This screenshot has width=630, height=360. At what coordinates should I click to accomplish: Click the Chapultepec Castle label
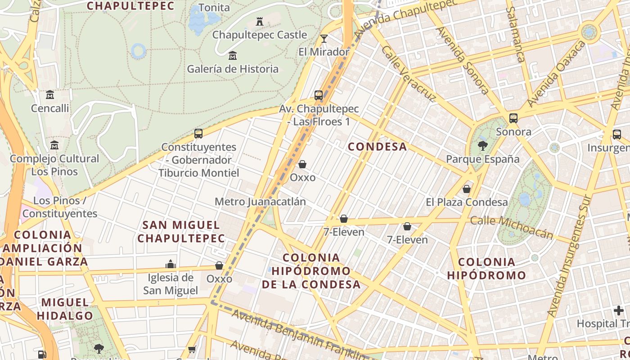260,35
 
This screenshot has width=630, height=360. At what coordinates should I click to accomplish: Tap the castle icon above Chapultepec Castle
260,21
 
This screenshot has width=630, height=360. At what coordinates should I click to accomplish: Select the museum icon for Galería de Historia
233,56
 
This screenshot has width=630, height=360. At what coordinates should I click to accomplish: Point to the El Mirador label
324,52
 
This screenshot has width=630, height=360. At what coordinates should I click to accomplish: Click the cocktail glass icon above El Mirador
324,38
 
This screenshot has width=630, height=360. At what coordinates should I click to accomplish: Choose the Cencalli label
50,108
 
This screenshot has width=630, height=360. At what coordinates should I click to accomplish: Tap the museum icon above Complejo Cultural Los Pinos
54,145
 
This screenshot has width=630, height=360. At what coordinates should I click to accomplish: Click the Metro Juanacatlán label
260,202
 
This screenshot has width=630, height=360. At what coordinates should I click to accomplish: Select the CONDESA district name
377,147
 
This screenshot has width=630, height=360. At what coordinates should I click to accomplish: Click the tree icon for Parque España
483,145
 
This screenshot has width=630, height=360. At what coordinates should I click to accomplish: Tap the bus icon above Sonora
513,118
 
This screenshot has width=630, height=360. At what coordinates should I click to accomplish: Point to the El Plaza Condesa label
467,202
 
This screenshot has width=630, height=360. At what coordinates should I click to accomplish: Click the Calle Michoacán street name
512,227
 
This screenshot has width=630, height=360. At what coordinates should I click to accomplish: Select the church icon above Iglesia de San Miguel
171,264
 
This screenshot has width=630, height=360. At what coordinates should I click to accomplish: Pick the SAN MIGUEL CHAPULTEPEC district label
181,231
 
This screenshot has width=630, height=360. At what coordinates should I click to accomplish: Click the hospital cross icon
619,310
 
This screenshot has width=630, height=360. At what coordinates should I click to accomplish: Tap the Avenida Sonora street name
462,61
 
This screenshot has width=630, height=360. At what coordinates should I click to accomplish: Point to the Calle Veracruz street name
408,73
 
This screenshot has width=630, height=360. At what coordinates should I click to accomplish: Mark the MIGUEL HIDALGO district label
65,309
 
